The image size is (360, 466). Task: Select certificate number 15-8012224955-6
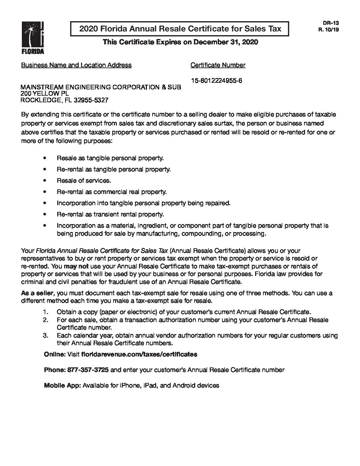pos(216,80)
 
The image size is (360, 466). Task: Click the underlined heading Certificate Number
pos(218,65)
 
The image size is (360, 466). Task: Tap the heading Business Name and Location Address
pos(76,65)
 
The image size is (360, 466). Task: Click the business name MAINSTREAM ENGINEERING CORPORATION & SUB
pos(101,87)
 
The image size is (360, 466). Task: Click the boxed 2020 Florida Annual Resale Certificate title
pos(180,29)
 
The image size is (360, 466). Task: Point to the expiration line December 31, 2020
pos(225,42)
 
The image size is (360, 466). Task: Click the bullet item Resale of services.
pos(84,181)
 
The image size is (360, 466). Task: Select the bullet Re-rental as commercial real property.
pos(112,192)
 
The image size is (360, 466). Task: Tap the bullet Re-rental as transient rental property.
pos(110,214)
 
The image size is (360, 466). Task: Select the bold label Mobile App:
pos(62,386)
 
